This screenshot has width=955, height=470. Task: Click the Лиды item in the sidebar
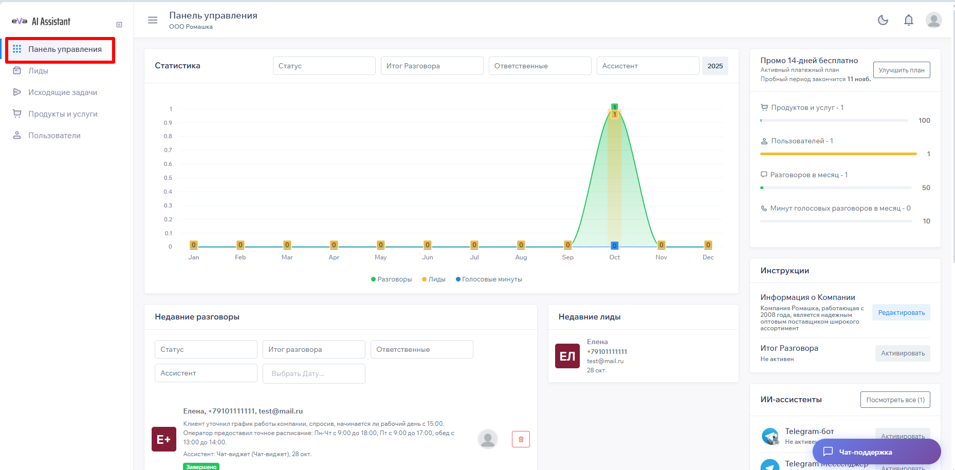(x=38, y=71)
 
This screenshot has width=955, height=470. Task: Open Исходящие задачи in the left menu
(x=62, y=92)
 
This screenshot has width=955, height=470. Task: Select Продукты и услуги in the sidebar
(x=62, y=114)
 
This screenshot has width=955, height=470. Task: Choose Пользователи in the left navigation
(x=54, y=136)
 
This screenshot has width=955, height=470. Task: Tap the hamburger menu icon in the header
(x=153, y=20)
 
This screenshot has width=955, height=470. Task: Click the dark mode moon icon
(x=883, y=20)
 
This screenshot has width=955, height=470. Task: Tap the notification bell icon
(x=909, y=20)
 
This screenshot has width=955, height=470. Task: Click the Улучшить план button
(x=902, y=70)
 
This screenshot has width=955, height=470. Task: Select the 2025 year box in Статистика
(x=715, y=66)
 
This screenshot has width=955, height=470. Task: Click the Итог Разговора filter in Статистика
(x=432, y=66)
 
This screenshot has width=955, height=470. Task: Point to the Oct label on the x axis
(x=614, y=257)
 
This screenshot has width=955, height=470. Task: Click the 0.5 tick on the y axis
(x=168, y=178)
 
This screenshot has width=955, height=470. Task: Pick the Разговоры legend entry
(x=392, y=279)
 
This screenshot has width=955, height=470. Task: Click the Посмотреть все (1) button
(x=895, y=400)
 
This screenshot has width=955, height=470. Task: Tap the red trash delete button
(x=521, y=439)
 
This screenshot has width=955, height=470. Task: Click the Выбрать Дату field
(x=314, y=373)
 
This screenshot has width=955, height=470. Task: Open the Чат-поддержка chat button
(x=876, y=452)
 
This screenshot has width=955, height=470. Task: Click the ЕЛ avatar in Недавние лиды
(x=567, y=356)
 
